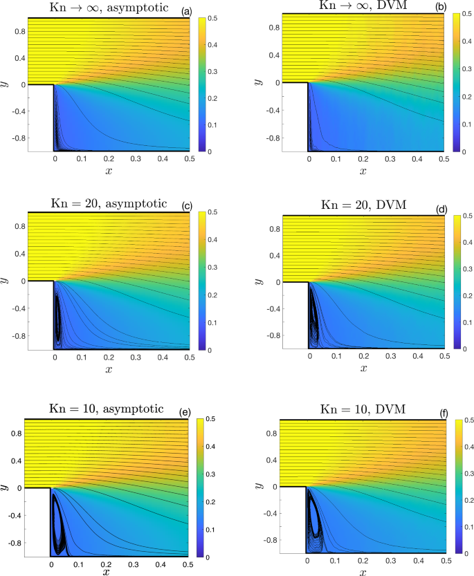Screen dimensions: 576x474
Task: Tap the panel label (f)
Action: point(444,414)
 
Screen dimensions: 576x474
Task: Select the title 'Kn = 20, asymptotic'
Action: point(107,203)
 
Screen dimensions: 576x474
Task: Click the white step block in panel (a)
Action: point(40,118)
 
